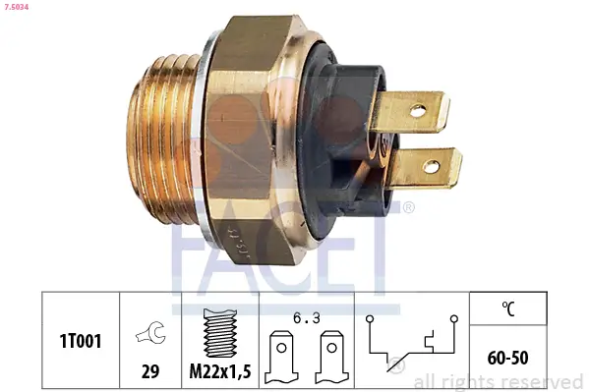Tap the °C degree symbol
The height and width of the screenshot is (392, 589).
[507, 310]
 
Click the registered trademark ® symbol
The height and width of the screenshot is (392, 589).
[408, 207]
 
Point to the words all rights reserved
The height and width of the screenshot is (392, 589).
[499, 381]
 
